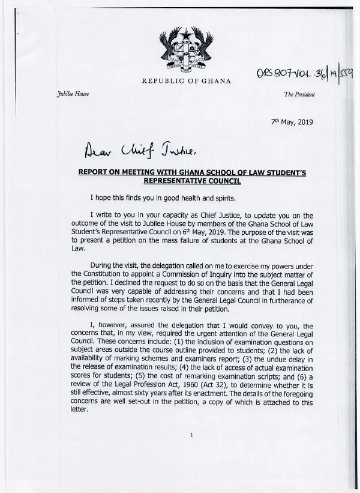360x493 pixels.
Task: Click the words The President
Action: (x=299, y=95)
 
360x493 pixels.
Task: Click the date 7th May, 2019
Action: (x=292, y=122)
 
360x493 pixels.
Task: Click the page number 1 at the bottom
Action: (x=191, y=451)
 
